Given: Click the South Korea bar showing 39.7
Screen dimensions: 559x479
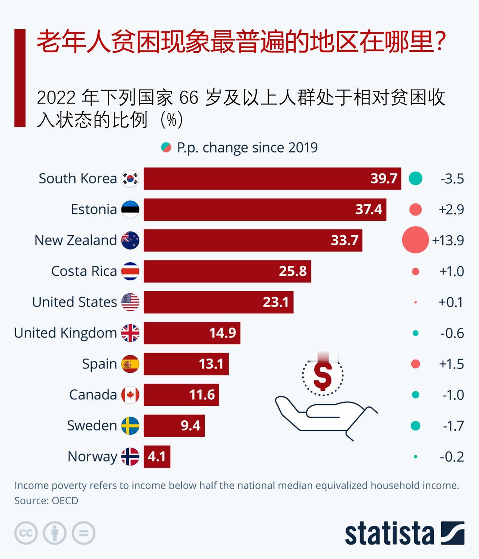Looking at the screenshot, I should click(272, 179).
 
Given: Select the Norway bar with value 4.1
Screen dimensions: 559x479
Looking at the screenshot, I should click(157, 456).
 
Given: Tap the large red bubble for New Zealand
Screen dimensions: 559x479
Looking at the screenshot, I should click(415, 240).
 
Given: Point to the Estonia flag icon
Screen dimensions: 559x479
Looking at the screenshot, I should click(130, 209).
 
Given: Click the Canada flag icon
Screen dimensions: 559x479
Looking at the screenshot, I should click(130, 395).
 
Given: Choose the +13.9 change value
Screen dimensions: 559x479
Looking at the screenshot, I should click(448, 240).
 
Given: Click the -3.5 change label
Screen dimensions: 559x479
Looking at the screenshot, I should click(452, 179).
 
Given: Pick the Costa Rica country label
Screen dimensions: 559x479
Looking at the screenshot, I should click(84, 271).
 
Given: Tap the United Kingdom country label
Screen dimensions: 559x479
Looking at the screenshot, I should click(65, 333).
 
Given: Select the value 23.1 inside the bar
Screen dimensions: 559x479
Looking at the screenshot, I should click(276, 302).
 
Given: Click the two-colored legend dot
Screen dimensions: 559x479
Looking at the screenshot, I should click(166, 148).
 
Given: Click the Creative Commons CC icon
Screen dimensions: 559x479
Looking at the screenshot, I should click(26, 533).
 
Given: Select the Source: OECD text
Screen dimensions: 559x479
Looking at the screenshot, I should click(46, 501).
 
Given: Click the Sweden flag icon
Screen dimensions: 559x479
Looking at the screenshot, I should click(130, 426).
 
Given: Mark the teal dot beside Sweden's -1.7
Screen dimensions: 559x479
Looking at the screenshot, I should click(415, 426).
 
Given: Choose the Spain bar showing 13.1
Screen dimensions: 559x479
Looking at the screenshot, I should click(186, 364).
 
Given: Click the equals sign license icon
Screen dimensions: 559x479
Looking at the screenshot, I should click(83, 533).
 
